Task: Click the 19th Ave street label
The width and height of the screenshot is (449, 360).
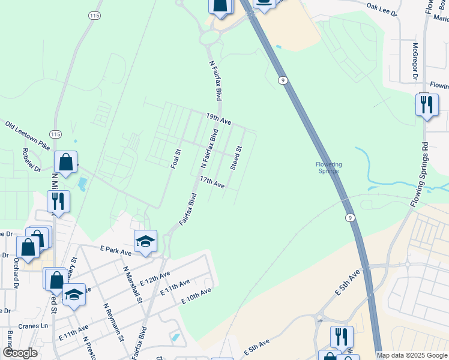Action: (x=218, y=118)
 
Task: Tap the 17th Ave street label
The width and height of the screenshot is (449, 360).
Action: (x=212, y=182)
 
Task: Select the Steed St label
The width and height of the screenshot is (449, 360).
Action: (x=237, y=158)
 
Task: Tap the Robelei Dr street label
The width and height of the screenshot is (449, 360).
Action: (x=31, y=160)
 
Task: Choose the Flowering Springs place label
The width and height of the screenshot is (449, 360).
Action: (x=328, y=167)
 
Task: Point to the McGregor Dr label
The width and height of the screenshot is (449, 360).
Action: (x=414, y=61)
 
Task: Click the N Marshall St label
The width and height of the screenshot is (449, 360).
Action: (x=133, y=284)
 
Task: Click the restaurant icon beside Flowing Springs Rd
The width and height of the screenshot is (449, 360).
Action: (x=427, y=105)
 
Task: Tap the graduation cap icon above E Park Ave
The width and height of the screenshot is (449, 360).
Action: (x=145, y=241)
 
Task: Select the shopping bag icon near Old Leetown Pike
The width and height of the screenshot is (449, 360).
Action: (x=65, y=162)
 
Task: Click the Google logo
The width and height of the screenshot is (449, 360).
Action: (x=20, y=353)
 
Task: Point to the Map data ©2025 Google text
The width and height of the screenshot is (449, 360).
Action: (x=411, y=355)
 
